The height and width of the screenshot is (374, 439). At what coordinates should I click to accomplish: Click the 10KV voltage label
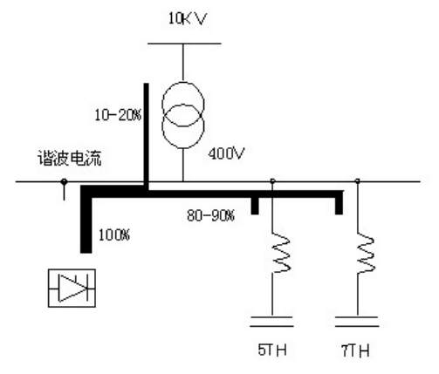click(188, 18)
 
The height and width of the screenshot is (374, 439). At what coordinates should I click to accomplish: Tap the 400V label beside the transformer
click(226, 153)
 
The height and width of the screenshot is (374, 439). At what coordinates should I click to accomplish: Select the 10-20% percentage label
click(118, 115)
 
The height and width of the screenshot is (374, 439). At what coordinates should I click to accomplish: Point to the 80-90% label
click(210, 215)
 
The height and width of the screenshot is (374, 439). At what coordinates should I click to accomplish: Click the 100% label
click(114, 235)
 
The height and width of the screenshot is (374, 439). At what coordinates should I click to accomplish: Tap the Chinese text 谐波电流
click(69, 159)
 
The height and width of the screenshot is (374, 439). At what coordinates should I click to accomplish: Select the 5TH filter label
click(272, 350)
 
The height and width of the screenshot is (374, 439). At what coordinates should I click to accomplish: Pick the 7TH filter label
click(355, 350)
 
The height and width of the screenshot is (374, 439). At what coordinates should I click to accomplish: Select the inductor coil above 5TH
click(280, 253)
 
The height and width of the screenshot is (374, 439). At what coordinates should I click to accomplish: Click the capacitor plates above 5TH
click(271, 322)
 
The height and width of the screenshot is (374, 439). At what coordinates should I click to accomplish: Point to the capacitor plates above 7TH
click(357, 322)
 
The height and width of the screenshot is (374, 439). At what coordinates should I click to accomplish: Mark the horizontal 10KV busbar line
click(184, 44)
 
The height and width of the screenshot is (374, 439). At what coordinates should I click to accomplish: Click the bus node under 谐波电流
click(64, 182)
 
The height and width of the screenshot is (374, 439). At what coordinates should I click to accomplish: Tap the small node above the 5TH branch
click(272, 180)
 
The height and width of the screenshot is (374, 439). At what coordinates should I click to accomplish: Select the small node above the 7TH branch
click(358, 180)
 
